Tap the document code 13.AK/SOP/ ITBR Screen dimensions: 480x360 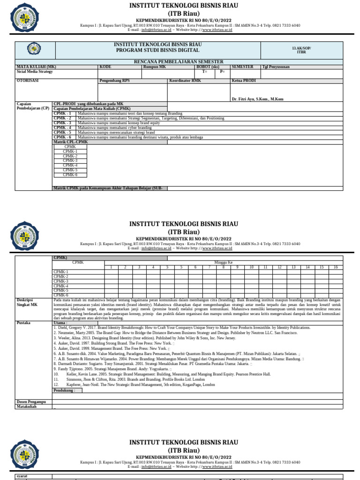(301, 50)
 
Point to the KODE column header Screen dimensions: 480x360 (105, 67)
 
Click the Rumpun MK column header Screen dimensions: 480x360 (155, 67)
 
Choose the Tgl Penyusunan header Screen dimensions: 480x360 (276, 67)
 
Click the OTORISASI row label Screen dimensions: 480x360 (28, 81)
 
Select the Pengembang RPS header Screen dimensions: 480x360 (115, 81)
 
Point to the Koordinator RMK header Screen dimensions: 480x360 (185, 81)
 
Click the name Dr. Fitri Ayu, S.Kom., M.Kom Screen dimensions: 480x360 (257, 99)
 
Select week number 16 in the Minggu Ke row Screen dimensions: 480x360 (336, 267)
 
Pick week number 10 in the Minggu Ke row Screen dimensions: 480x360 (251, 267)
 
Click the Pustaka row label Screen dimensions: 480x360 (23, 323)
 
